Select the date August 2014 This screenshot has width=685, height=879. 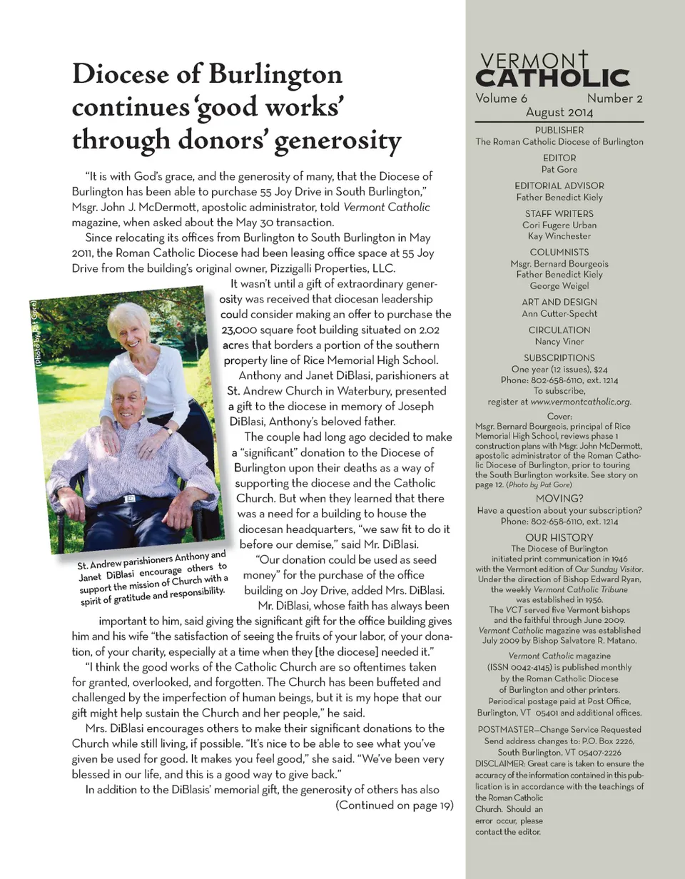559,112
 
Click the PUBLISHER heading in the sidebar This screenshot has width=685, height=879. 559,130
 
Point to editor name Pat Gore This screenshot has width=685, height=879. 559,169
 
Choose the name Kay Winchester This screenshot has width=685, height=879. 559,235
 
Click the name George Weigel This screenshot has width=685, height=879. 559,285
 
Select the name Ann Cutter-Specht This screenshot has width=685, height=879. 559,313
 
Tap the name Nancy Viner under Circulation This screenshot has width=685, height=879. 559,341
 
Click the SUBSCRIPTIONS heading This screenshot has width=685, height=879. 559,357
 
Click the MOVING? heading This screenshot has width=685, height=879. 559,498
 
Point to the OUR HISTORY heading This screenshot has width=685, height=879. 559,537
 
